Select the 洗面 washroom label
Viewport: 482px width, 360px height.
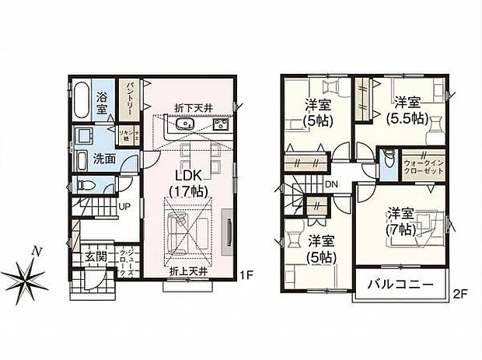pyautogui.click(x=105, y=157)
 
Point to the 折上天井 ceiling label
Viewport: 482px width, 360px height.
pyautogui.click(x=188, y=271)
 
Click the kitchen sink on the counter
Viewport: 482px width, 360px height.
pyautogui.click(x=184, y=127)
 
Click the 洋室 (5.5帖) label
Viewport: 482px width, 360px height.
pyautogui.click(x=407, y=110)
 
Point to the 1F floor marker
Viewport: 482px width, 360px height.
pyautogui.click(x=246, y=274)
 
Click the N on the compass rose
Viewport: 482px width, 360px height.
pyautogui.click(x=34, y=250)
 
